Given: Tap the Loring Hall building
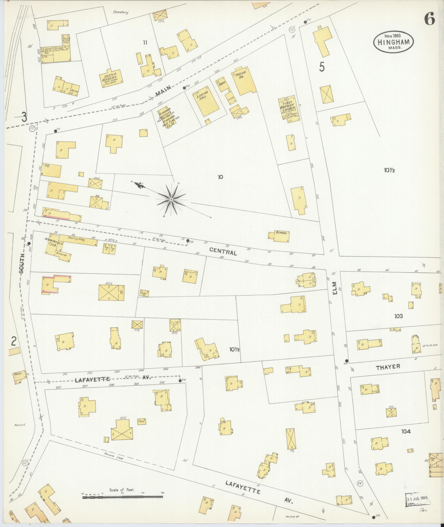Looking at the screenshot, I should pos(208,102).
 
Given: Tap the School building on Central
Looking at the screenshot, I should pos(281,236).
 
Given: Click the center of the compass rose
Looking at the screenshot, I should pos(171,199).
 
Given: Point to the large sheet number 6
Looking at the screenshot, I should pos(429,19).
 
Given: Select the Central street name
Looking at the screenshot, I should pos(223,251).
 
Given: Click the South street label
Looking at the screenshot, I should pos(22,263).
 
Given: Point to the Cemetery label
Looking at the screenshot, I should pos(121,12).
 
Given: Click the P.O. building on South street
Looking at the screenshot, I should pos(51,171).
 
